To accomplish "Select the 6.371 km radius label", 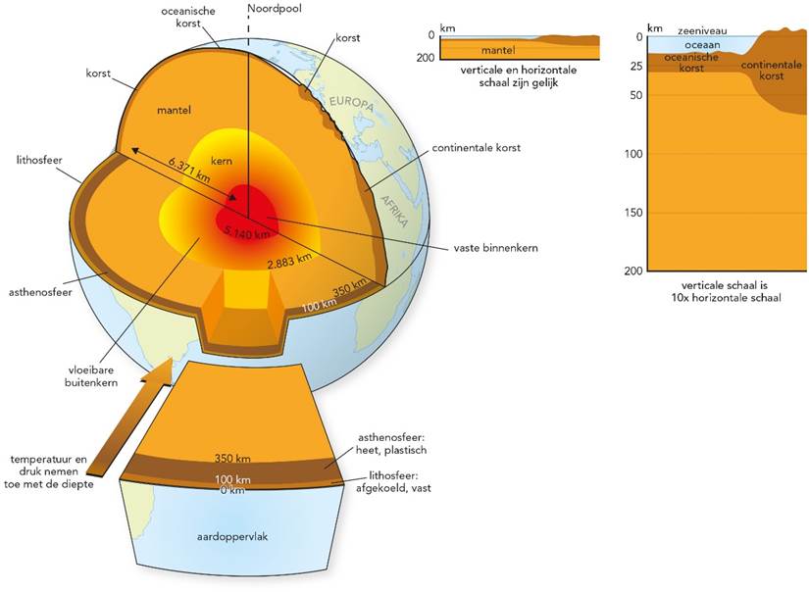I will click(x=189, y=164).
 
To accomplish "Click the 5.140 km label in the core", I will click(x=245, y=232).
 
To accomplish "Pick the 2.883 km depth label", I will click(x=291, y=260).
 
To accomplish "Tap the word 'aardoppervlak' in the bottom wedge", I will click(x=235, y=539).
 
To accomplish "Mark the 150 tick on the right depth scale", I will click(x=636, y=213).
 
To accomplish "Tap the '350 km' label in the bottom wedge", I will click(x=233, y=458).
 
